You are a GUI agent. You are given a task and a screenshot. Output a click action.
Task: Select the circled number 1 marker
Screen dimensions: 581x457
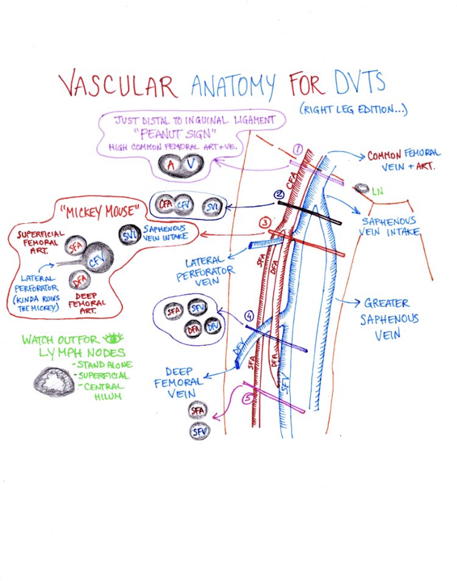pyautogui.click(x=298, y=149)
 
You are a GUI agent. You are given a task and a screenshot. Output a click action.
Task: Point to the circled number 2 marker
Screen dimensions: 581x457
pyautogui.click(x=279, y=194)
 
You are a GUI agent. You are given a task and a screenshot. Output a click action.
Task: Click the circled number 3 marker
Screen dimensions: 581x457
pyautogui.click(x=264, y=223)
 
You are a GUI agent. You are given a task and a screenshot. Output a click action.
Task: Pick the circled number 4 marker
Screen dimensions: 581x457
pyautogui.click(x=249, y=316)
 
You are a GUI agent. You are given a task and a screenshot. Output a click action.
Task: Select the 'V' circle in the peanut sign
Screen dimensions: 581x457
pyautogui.click(x=190, y=164)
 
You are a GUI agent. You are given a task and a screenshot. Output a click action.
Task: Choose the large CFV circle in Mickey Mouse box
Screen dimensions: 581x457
pyautogui.click(x=96, y=261)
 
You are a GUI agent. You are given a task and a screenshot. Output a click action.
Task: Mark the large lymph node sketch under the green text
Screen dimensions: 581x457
pyautogui.click(x=54, y=381)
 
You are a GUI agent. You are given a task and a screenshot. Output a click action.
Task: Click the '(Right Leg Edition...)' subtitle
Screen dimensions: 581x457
pyautogui.click(x=353, y=110)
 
